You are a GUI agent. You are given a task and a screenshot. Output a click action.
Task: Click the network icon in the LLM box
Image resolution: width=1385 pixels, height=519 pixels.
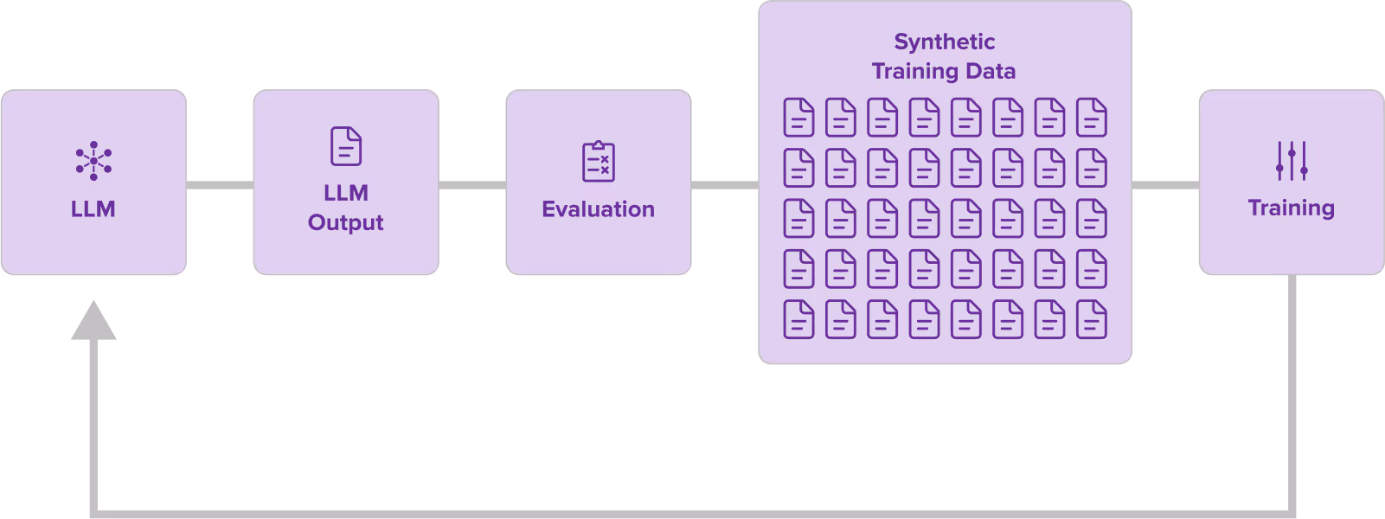(x=93, y=161)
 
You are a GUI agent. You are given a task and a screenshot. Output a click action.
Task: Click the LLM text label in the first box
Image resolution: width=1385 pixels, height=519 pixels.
(x=93, y=209)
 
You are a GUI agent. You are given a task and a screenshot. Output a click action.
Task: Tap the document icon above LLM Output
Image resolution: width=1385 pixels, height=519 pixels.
(x=346, y=146)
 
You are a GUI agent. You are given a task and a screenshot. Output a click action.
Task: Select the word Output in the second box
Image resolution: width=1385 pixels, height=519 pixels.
(x=346, y=222)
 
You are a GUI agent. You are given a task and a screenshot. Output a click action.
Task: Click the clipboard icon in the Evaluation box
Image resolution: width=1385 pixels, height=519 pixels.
(x=599, y=162)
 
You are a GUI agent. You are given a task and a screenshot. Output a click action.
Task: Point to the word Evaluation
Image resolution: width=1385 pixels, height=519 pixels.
(x=599, y=209)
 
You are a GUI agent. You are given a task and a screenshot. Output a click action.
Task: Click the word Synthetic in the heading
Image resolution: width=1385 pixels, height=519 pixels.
(x=945, y=42)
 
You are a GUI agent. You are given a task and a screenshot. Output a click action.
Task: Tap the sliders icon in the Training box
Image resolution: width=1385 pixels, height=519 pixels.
(x=1292, y=161)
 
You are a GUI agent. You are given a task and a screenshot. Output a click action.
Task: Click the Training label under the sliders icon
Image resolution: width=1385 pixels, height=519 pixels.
(x=1292, y=208)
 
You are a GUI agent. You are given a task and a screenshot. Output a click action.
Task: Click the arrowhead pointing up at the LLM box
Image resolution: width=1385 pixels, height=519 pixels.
(x=93, y=322)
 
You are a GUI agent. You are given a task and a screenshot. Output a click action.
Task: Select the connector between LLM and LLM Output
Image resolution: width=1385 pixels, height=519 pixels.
(x=220, y=185)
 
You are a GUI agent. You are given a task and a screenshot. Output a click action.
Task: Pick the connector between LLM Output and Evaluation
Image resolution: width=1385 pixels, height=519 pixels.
(x=472, y=185)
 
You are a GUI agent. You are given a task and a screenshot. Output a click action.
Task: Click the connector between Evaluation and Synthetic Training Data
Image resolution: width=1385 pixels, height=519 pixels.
(x=725, y=185)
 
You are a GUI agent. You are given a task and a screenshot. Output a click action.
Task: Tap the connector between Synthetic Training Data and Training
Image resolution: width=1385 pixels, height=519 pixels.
(x=1165, y=185)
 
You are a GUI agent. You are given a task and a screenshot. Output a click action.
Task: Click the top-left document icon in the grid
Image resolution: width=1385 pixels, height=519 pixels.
(x=798, y=118)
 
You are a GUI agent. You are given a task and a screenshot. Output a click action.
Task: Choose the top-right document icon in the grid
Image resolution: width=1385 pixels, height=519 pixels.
(x=1092, y=118)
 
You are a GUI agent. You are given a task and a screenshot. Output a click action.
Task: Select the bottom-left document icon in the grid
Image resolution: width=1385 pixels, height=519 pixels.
(x=798, y=319)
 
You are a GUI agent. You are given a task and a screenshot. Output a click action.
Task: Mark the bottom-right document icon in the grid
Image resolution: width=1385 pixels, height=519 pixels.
(x=1092, y=319)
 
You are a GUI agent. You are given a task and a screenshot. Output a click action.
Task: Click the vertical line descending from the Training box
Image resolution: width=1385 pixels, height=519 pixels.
(x=1292, y=389)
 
